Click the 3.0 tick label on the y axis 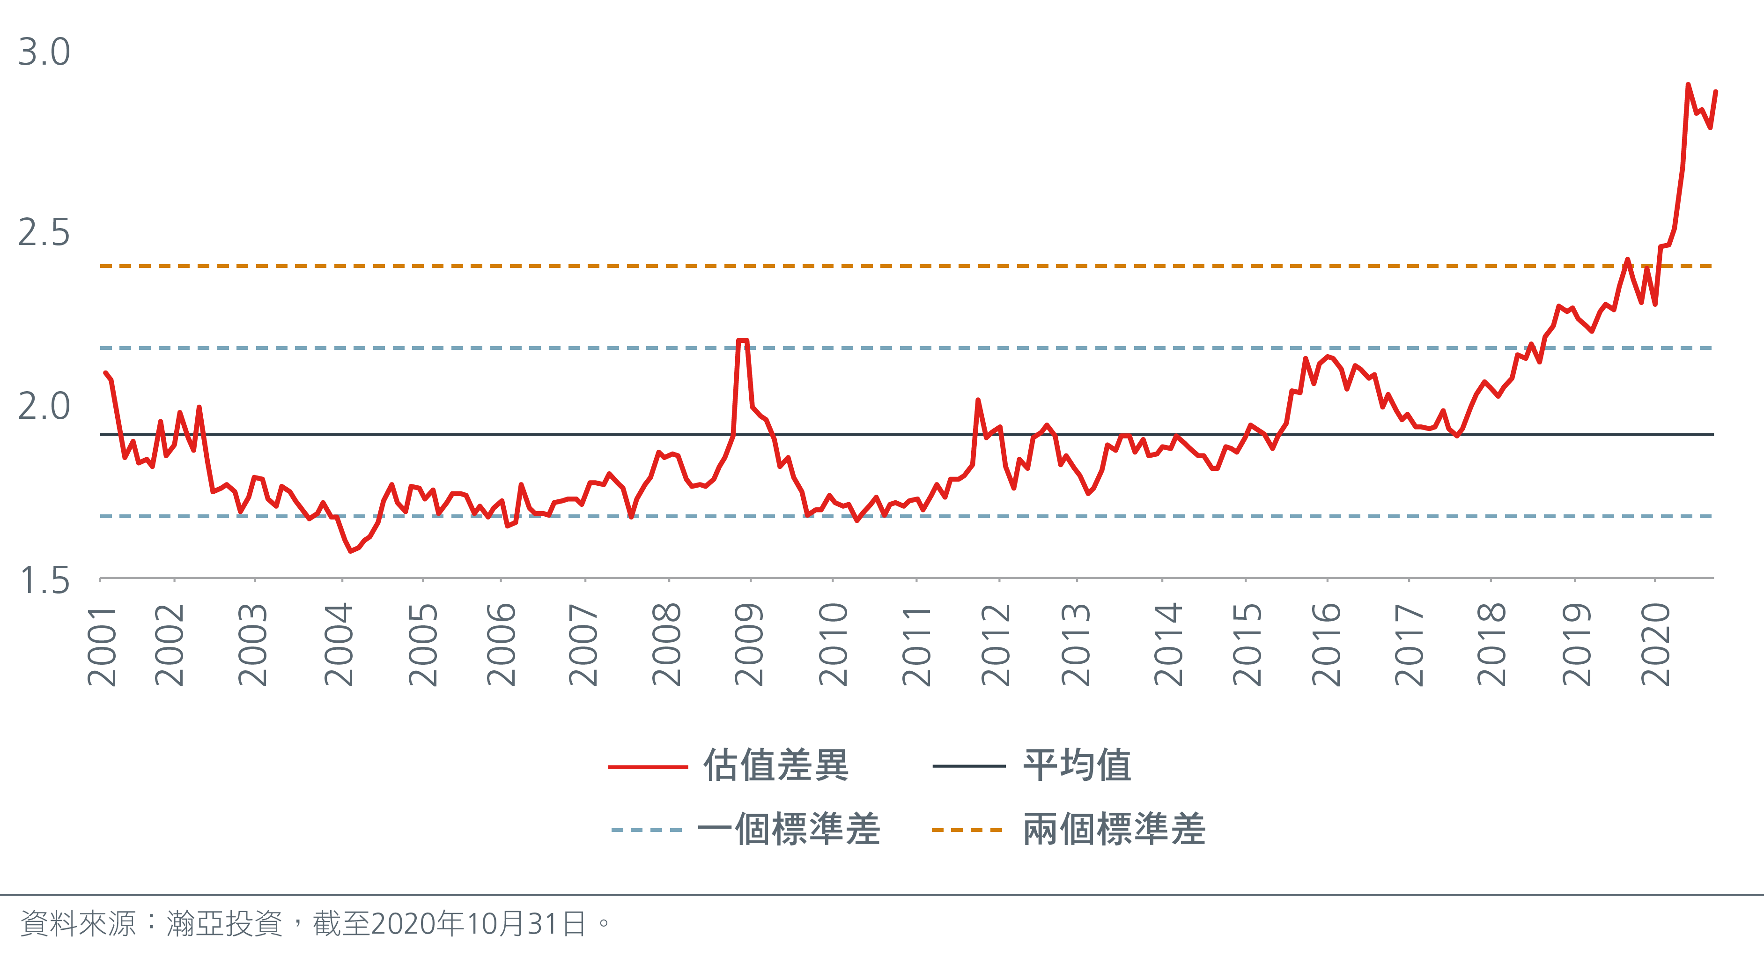pos(44,52)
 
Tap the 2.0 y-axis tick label pos(44,407)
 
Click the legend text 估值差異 pos(776,765)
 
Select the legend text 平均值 pos(1077,765)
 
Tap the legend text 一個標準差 pos(789,830)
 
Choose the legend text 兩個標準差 pos(1114,830)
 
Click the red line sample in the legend pos(647,767)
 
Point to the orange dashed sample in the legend pos(967,830)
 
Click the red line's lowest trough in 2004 pos(351,550)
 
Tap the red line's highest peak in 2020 pos(1688,85)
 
